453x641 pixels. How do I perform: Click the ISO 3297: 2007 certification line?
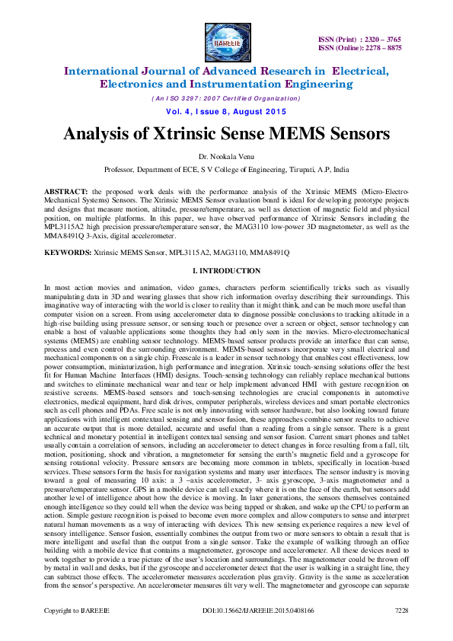coord(226,98)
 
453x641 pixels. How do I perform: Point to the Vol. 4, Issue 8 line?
coord(226,111)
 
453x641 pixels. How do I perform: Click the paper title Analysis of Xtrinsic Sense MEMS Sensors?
coord(226,134)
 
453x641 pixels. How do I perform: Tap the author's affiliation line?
coord(226,170)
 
